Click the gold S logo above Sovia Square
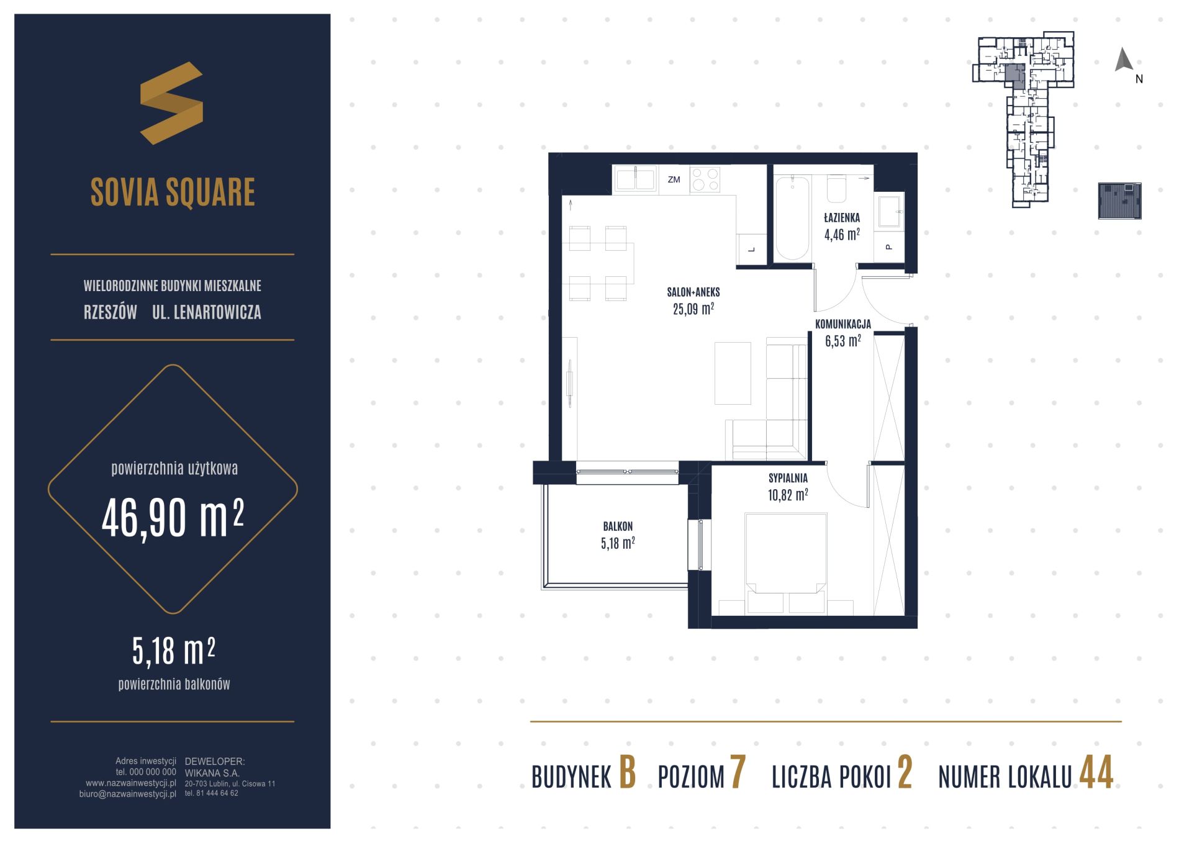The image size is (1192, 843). click(x=171, y=103)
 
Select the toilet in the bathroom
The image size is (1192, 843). click(x=837, y=189)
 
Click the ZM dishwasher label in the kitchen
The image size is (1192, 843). click(x=674, y=180)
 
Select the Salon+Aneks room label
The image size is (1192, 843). click(x=693, y=292)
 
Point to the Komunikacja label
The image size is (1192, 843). click(x=842, y=324)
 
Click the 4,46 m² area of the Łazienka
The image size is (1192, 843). click(x=842, y=234)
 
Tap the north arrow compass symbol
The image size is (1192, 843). click(x=1124, y=60)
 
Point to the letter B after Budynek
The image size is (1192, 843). click(x=628, y=773)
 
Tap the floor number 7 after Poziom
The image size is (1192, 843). click(x=738, y=773)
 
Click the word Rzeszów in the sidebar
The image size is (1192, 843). click(x=111, y=312)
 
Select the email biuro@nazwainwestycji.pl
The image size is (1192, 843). click(x=128, y=793)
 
